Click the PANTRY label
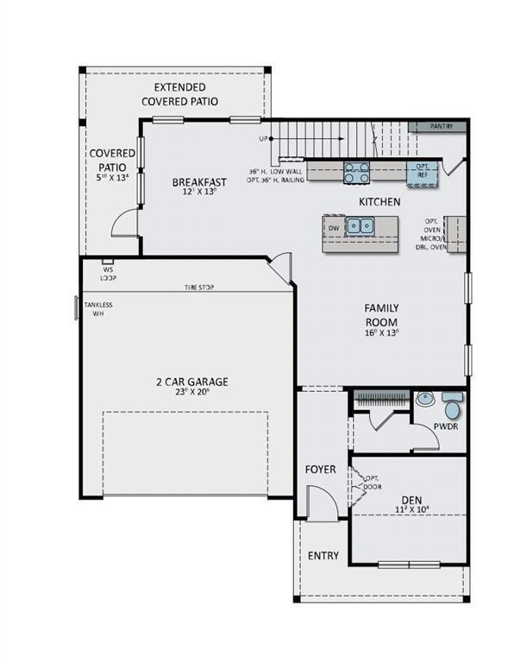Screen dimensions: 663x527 [x=442, y=126]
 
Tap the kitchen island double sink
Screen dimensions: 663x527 [x=359, y=226]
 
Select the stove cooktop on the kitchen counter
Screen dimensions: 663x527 [x=357, y=172]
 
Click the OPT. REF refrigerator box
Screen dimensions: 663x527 [x=422, y=171]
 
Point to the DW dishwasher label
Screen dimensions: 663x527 [x=333, y=228]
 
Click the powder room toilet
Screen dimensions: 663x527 [x=452, y=406]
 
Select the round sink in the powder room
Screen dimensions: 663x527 [x=424, y=399]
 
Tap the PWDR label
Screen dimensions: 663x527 [x=446, y=426]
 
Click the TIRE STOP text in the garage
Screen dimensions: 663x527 [x=198, y=287]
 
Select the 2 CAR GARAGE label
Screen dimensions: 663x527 [x=191, y=382]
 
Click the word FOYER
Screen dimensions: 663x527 [x=320, y=470]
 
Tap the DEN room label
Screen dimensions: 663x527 [x=411, y=499]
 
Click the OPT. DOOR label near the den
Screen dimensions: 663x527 [x=372, y=483]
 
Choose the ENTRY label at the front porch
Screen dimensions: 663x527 [x=323, y=556]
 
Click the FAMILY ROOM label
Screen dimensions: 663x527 [x=380, y=314]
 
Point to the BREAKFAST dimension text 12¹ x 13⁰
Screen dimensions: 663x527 [x=199, y=193]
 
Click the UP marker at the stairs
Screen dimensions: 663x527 [x=263, y=138]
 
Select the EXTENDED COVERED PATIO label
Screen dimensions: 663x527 [x=179, y=94]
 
